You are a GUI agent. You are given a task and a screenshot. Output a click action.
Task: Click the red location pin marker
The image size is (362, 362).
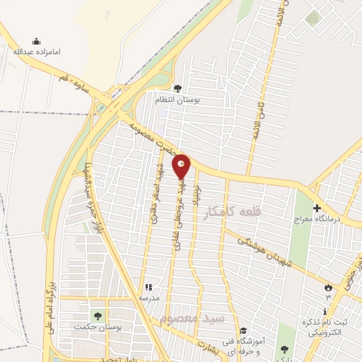point(182,168)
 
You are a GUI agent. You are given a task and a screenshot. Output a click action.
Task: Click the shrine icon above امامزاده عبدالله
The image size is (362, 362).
point(36,41)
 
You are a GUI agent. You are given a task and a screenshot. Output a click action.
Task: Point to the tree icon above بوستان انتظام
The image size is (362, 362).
point(177,89)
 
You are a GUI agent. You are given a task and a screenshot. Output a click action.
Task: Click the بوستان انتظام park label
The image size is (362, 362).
point(178,100)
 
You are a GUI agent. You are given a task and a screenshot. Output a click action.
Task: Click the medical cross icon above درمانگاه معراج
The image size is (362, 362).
point(317,209)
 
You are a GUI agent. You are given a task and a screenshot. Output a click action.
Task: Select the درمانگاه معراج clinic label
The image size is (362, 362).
point(317,219)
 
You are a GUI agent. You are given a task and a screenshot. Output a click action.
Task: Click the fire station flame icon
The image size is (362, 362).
point(327,286)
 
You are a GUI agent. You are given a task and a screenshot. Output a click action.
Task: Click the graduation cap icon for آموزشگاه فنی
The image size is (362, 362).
point(242,330)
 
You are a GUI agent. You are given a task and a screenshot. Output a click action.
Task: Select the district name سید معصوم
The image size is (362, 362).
point(191,319)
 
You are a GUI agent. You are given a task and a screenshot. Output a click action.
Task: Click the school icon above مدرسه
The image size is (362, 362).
point(148,287)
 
